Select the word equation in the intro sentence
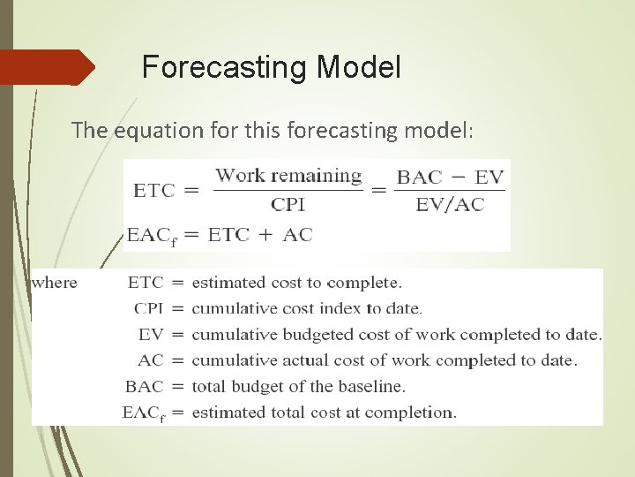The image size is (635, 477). (x=153, y=131)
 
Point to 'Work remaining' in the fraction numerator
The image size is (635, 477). (x=289, y=175)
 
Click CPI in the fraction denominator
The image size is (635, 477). (x=288, y=204)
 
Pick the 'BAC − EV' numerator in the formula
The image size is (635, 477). (x=450, y=177)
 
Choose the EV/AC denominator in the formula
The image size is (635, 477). (x=450, y=204)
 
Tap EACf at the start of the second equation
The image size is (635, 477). (x=151, y=235)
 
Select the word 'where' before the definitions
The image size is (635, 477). (x=55, y=283)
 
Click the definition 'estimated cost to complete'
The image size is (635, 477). (x=296, y=283)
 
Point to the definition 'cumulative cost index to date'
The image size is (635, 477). (x=307, y=308)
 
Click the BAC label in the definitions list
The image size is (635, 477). (x=145, y=386)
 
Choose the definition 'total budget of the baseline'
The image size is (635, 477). (x=298, y=386)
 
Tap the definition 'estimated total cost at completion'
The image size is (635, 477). (x=324, y=412)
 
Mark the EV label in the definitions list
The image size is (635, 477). (x=151, y=334)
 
